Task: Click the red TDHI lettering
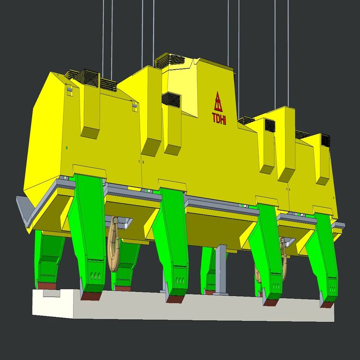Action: click(x=219, y=119)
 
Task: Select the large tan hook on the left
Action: click(x=113, y=244)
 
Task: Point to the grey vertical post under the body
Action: click(x=221, y=270)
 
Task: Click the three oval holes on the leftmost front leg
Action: click(x=96, y=276)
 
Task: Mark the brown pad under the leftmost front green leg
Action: click(x=91, y=296)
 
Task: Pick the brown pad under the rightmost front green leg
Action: click(x=327, y=305)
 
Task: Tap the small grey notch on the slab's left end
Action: click(x=51, y=293)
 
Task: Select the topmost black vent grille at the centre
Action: click(x=170, y=60)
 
